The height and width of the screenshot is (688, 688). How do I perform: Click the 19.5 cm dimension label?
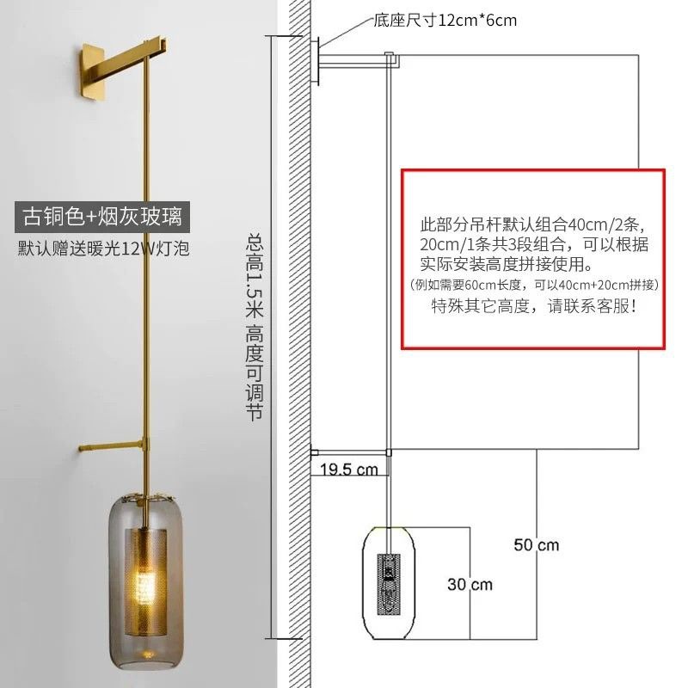[349, 470]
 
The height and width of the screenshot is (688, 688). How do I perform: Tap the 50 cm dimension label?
[536, 544]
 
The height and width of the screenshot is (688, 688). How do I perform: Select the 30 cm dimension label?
[470, 584]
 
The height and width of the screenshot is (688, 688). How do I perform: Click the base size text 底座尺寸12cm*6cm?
[445, 19]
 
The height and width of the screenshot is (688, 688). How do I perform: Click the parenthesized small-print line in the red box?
[534, 285]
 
